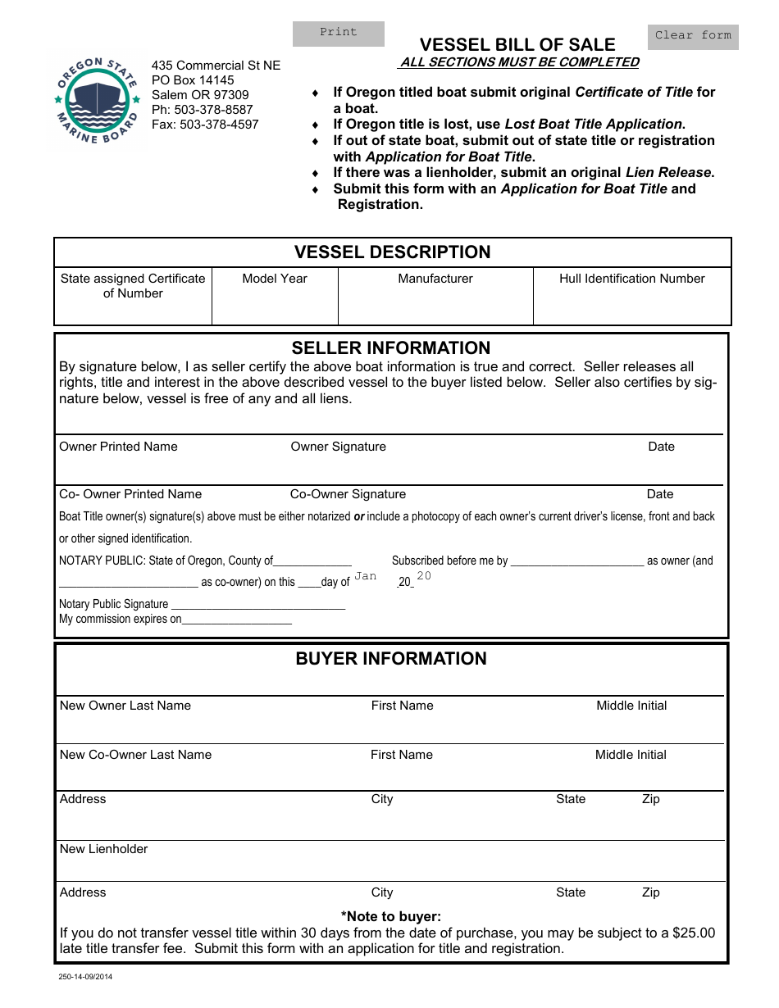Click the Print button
[339, 33]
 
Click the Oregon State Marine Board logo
[98, 101]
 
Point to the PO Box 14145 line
[193, 80]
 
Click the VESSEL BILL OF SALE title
[517, 44]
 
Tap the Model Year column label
[275, 279]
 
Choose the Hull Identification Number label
[631, 279]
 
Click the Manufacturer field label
[435, 279]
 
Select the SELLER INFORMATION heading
[391, 347]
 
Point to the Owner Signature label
[338, 447]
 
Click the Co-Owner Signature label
[348, 494]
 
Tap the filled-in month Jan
[365, 576]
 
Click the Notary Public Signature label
[114, 604]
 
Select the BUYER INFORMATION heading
[391, 659]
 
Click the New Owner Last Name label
[125, 706]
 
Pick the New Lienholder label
[104, 849]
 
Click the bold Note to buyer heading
[391, 916]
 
